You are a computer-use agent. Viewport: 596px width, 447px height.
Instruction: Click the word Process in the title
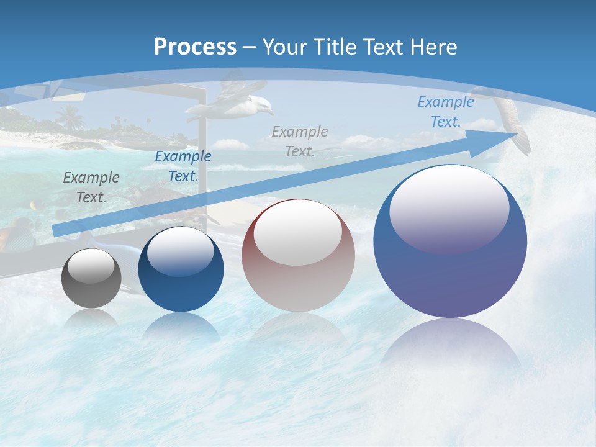(195, 47)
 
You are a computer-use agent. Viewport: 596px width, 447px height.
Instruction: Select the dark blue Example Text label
(183, 166)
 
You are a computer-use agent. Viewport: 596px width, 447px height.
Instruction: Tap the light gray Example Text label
(300, 141)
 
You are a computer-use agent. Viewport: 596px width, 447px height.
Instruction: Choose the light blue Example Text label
(445, 112)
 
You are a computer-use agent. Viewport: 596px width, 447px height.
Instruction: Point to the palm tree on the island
(70, 116)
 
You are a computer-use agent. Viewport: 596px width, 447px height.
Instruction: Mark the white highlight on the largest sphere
(449, 208)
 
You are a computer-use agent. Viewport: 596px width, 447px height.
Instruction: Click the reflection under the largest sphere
(450, 348)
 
